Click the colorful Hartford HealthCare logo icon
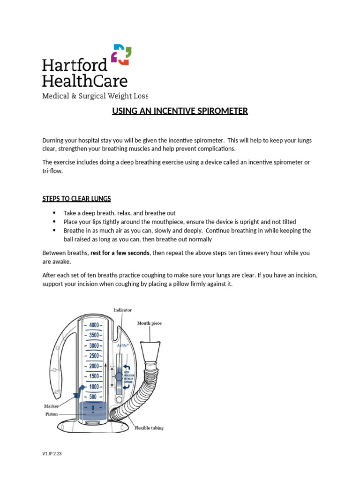[121, 55]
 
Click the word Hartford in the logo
[74, 64]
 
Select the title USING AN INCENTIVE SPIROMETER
[180, 111]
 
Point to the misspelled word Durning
[54, 141]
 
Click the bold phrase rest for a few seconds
[120, 253]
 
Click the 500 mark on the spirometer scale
[92, 397]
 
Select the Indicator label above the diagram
[122, 310]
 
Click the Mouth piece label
[149, 323]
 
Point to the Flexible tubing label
[149, 428]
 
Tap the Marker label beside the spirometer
[52, 406]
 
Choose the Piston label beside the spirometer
[52, 414]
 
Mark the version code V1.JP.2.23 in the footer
[52, 454]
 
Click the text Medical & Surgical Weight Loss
[95, 96]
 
